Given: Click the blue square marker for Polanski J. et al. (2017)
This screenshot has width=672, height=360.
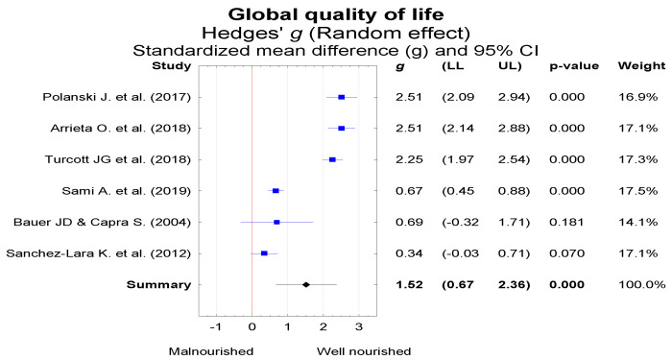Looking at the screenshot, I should coord(341,97).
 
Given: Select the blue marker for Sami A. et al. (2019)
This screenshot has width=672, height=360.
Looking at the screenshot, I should coord(276,191).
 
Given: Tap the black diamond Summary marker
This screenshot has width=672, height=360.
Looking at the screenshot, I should coord(305,284).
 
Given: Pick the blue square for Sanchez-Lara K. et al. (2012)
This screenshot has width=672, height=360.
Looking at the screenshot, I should coord(264,253).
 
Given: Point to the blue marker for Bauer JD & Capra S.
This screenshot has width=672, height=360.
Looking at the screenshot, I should coord(276,222).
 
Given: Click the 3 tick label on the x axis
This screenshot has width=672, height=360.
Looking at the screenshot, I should coord(358,327).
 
